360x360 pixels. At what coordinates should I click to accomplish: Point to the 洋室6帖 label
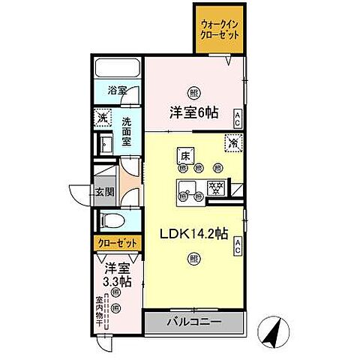point(193,113)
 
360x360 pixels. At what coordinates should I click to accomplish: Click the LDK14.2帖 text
point(193,233)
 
